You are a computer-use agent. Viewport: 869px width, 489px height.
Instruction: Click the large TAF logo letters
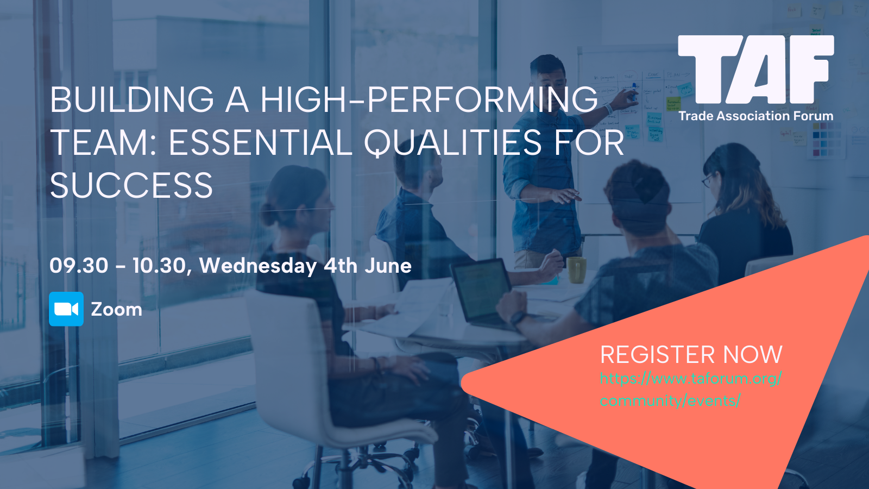[x=755, y=70]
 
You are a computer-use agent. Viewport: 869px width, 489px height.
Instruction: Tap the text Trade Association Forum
[x=755, y=116]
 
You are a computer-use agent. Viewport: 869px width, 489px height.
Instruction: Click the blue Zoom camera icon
[x=66, y=309]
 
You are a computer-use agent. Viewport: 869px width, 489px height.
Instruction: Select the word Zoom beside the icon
[x=116, y=310]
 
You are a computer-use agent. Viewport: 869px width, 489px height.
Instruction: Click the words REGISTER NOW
[x=691, y=354]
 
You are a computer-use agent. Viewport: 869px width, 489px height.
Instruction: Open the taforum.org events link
[x=691, y=389]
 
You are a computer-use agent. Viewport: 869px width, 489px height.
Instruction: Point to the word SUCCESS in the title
[x=131, y=185]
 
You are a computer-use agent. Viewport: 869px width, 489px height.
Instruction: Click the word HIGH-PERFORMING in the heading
[x=429, y=99]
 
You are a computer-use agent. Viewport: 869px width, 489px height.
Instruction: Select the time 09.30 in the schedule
[x=79, y=266]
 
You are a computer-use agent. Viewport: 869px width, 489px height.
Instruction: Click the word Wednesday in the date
[x=258, y=266]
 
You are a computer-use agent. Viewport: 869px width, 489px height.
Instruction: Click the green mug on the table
[x=576, y=269]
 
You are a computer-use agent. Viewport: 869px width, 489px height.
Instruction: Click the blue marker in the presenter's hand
[x=634, y=92]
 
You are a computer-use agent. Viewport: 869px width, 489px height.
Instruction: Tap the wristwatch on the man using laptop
[x=518, y=319]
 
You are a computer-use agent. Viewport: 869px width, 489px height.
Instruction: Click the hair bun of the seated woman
[x=268, y=214]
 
